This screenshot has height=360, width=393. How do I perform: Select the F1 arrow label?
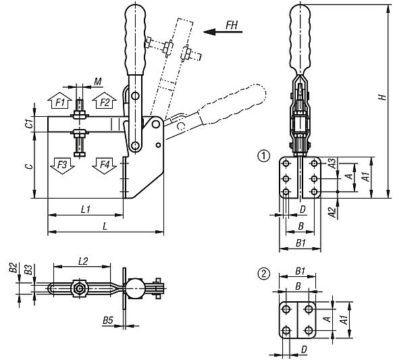[60, 102]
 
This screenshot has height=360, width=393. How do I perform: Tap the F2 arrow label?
[104, 102]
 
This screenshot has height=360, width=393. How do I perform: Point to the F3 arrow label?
[61, 164]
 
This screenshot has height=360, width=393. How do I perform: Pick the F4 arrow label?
[103, 164]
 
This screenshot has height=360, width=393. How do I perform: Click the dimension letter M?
[97, 82]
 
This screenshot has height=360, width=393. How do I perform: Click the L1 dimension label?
[86, 209]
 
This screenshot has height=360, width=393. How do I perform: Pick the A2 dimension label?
[332, 212]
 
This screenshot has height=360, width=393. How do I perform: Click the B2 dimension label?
[12, 268]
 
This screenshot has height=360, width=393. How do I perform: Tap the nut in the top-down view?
[80, 289]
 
